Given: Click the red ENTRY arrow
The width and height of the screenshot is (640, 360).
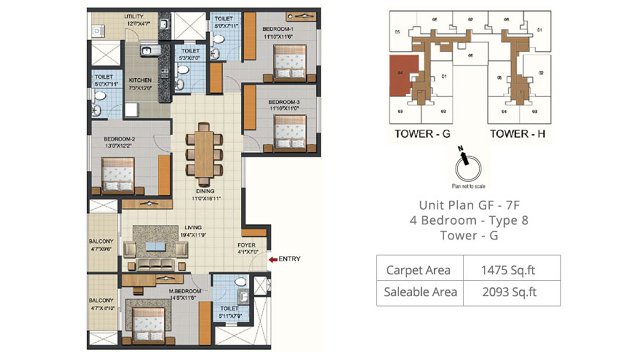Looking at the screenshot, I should click(x=273, y=259).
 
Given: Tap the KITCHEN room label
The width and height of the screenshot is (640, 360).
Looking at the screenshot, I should click(x=140, y=80).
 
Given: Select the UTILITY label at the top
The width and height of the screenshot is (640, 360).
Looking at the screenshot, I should click(x=133, y=17).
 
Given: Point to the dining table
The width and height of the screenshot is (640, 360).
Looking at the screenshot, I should click(x=204, y=154).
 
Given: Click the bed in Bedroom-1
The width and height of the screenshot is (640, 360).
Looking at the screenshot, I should click(x=289, y=62).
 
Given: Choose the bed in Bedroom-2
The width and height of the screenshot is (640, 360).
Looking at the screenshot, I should click(x=118, y=174).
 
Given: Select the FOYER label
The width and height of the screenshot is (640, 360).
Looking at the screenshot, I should click(x=247, y=245).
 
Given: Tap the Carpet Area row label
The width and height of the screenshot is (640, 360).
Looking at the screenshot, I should click(x=418, y=270).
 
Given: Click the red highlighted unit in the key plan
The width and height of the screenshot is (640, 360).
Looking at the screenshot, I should click(x=402, y=75).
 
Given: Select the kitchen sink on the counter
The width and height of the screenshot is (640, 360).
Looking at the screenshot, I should click(x=148, y=50).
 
